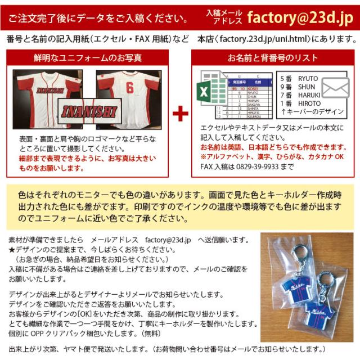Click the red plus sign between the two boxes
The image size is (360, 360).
click(180, 114)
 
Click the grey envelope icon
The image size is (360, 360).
click(335, 87)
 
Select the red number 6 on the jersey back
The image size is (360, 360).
click(129, 88)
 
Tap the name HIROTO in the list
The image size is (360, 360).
click(309, 103)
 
